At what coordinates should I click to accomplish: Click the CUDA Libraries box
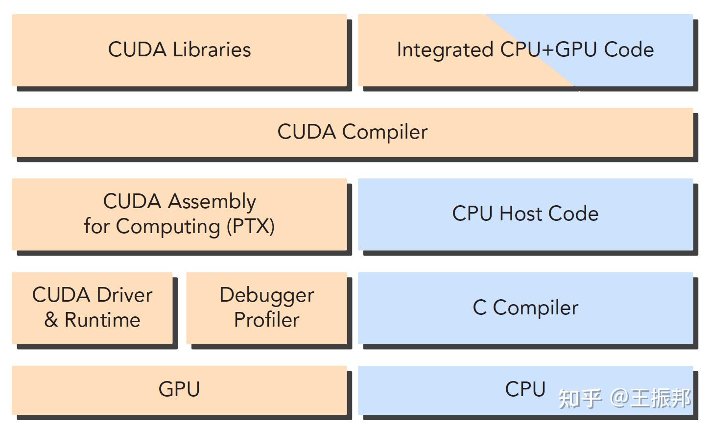tap(179, 50)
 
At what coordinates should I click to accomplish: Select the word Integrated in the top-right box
tap(445, 50)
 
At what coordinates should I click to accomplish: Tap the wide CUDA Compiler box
tap(352, 132)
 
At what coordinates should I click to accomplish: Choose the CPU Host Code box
tap(525, 214)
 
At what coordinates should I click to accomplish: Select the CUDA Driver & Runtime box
tap(92, 308)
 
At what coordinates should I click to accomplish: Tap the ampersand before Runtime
tap(51, 320)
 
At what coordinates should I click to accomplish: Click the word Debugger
tap(266, 295)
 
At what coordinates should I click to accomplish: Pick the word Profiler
tap(266, 320)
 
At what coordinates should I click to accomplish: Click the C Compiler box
tap(525, 308)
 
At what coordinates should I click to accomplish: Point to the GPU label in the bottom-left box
tap(179, 389)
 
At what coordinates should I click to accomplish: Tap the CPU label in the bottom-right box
tap(525, 389)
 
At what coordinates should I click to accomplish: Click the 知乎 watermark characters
tap(580, 398)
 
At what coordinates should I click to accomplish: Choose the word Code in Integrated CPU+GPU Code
tap(629, 50)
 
